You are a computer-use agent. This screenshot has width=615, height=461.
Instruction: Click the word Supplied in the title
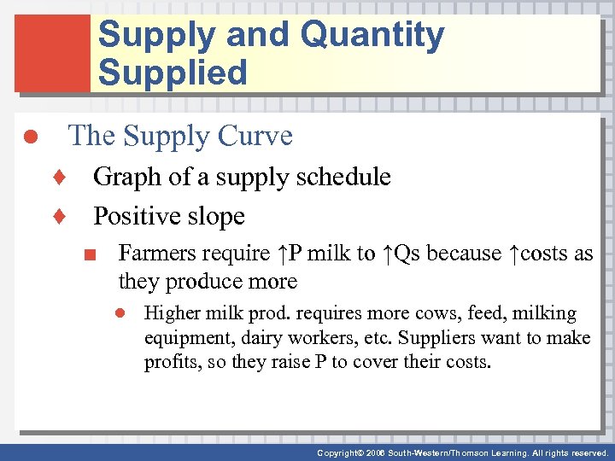[173, 73]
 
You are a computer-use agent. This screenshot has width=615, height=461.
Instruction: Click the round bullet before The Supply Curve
[27, 137]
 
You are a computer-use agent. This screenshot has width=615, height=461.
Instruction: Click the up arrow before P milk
[284, 254]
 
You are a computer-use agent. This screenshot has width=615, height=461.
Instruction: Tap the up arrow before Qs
[388, 254]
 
